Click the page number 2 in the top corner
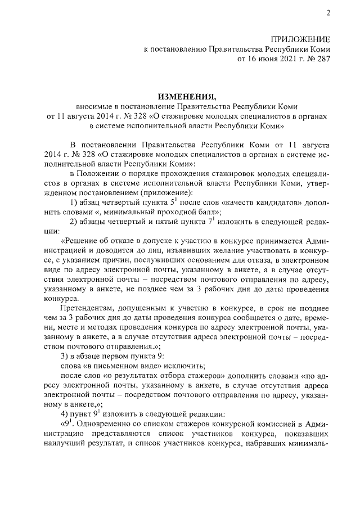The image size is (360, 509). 328,13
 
